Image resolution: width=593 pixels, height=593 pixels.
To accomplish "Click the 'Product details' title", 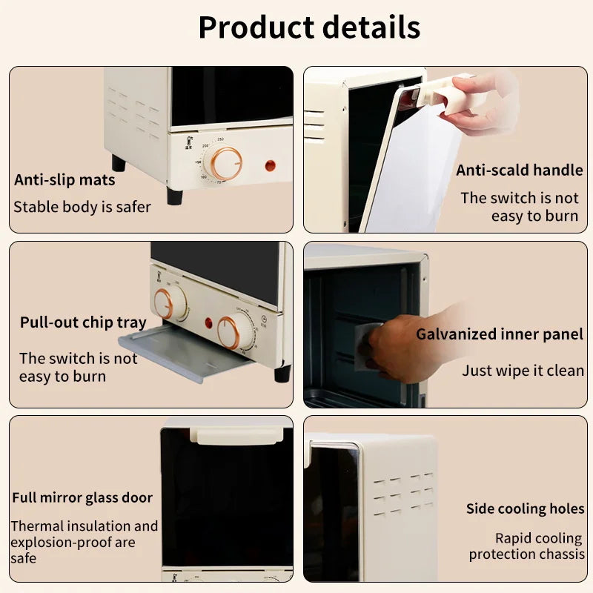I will coord(309,28).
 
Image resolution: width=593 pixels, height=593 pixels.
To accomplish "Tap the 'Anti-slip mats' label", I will coord(64,180).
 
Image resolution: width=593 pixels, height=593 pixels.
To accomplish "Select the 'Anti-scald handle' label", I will coord(519,170).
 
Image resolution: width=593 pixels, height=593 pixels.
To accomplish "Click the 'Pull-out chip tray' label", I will coord(83,322).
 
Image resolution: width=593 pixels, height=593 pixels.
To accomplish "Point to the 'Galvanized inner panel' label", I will coord(499,334).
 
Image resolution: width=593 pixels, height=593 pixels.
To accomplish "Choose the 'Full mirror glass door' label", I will coord(82,497).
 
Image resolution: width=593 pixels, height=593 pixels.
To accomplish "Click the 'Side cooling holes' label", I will coord(525,508).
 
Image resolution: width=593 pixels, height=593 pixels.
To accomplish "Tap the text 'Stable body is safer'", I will coord(82,207).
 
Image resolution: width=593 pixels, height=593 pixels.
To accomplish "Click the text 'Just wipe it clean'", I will coord(523,370).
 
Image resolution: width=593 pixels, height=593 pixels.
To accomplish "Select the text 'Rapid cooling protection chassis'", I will coord(526,546).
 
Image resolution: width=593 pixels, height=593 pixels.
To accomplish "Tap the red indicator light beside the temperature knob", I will coord(271,165).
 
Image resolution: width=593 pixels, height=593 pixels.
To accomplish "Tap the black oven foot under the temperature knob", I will coord(174,196).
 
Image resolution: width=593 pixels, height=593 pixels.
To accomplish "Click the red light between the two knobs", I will coord(208,323).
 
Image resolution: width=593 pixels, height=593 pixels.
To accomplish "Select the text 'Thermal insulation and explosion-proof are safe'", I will coord(84,542).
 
